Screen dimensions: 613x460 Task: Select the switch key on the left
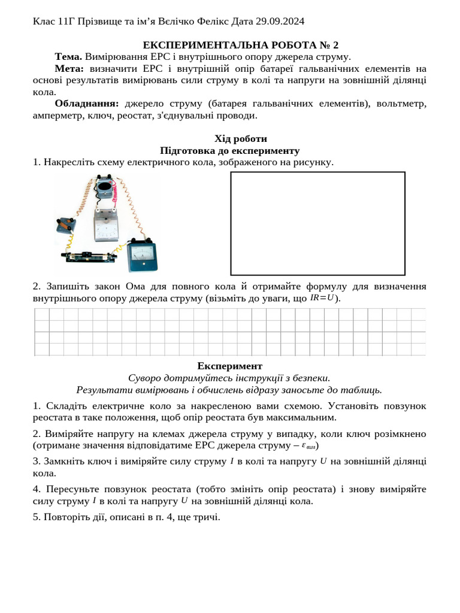pos(65,226)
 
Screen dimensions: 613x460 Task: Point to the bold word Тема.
pos(68,57)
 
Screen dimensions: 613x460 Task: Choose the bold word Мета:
pos(70,69)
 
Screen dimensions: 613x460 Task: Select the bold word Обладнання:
pos(87,104)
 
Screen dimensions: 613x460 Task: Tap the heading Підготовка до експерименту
pos(230,151)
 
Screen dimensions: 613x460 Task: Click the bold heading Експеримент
pos(230,366)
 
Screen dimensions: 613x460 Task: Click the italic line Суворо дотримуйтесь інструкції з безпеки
pos(230,378)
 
